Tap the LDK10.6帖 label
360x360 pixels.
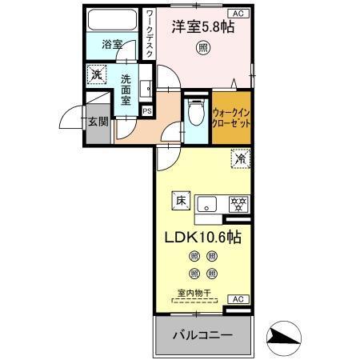click(x=203, y=238)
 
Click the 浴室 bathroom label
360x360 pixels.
click(x=112, y=46)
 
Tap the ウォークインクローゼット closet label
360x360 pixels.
click(x=233, y=119)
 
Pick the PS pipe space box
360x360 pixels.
click(x=146, y=111)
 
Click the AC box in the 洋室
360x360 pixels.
click(x=237, y=14)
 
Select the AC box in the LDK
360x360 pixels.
click(x=237, y=298)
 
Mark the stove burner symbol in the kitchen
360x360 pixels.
click(x=237, y=203)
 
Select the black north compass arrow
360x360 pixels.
click(x=285, y=337)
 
